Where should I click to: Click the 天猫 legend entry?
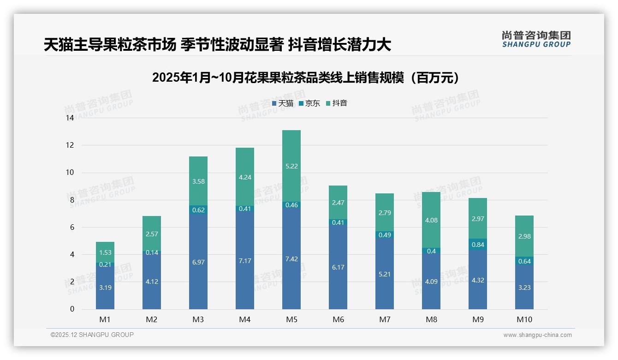[283, 103]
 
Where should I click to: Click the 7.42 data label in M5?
[291, 259]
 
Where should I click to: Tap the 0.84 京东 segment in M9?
[478, 245]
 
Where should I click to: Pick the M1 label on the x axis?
[105, 319]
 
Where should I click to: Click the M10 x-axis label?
[524, 319]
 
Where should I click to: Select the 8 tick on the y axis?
[71, 200]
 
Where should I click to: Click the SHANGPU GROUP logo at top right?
[536, 39]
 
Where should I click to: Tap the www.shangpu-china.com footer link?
[537, 335]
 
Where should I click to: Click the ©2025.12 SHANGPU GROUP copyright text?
[92, 335]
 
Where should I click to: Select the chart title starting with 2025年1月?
[306, 78]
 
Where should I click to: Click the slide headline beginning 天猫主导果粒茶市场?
[218, 45]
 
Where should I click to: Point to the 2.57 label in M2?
[152, 234]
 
